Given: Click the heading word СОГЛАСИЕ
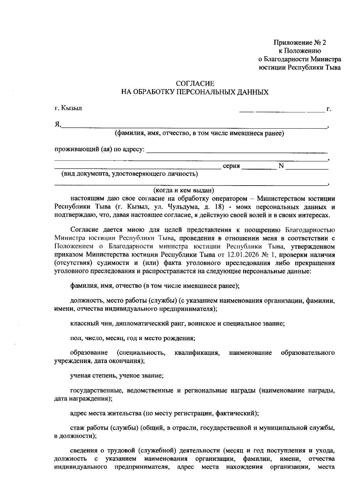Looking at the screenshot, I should [x=195, y=83].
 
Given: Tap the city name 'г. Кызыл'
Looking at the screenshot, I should [x=68, y=108].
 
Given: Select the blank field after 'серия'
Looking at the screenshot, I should [x=259, y=166].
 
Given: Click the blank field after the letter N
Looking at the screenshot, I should [x=307, y=166].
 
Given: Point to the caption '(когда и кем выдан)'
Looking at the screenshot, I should [x=184, y=190].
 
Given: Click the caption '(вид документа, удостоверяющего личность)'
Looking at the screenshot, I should [x=130, y=174].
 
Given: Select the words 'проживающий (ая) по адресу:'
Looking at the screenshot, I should [x=100, y=149].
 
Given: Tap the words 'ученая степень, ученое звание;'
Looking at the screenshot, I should [x=117, y=376].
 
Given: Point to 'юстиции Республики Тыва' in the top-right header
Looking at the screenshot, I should [x=300, y=67].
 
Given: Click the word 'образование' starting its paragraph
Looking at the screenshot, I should [x=89, y=353].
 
